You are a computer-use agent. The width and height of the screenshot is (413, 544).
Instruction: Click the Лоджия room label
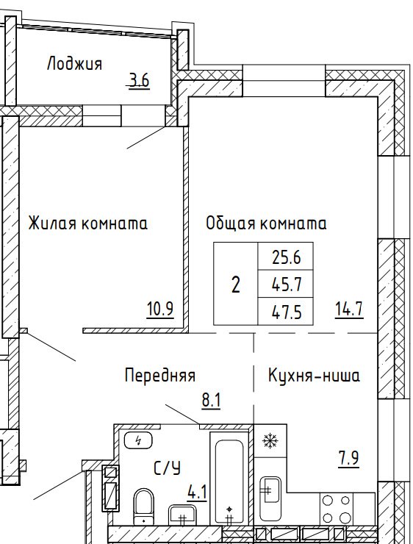(x=74, y=64)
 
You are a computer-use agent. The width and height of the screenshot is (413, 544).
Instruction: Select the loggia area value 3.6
(x=139, y=81)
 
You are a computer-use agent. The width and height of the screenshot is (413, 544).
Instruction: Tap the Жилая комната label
(x=87, y=223)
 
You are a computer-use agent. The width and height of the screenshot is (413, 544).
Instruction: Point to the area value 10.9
(x=160, y=309)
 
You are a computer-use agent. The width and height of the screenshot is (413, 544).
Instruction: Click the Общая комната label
(x=266, y=223)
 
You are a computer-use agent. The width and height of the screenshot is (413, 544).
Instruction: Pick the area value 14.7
(x=349, y=309)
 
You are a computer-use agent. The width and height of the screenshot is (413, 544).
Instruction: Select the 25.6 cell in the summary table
(x=286, y=257)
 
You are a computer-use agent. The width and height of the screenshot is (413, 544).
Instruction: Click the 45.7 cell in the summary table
(x=286, y=284)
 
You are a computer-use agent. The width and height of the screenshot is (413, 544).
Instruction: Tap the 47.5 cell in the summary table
(x=286, y=311)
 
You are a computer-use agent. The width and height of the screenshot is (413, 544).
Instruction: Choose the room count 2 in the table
(x=235, y=284)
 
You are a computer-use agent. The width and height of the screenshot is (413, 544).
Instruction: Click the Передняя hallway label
(x=160, y=376)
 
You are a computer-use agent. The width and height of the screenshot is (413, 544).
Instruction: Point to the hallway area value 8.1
(x=211, y=401)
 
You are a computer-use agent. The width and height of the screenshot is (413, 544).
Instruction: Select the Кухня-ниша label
(x=314, y=376)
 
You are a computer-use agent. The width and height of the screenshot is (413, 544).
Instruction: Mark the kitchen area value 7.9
(x=349, y=459)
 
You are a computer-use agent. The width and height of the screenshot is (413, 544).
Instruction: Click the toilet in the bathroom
(x=143, y=507)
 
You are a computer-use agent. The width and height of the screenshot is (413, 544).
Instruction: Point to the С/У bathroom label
(x=167, y=468)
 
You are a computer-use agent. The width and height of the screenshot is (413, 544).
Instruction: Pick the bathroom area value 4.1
(x=197, y=493)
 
